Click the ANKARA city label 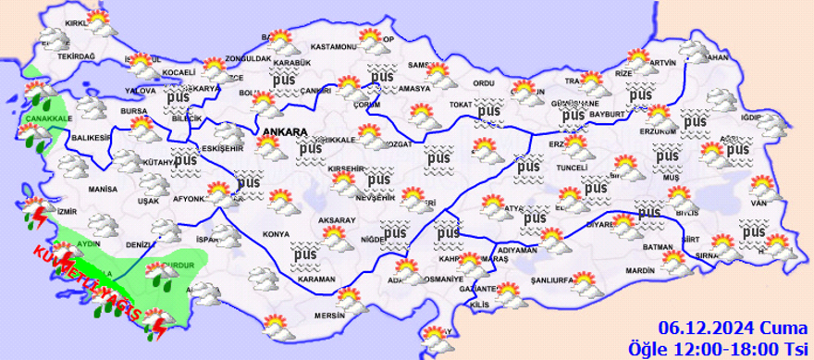tap(285, 133)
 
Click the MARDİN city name tap(640, 270)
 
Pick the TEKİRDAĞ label tap(77, 56)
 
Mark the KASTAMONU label tap(333, 46)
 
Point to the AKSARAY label tap(337, 220)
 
